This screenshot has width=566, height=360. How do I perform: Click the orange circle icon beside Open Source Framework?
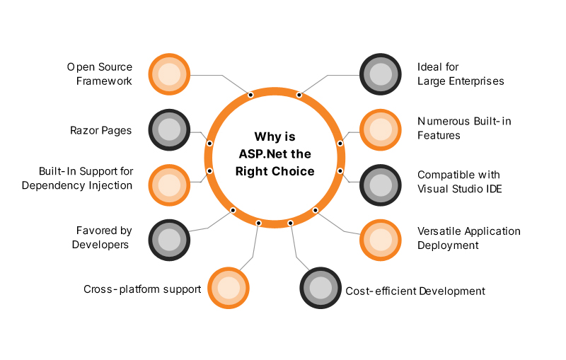pyautogui.click(x=169, y=74)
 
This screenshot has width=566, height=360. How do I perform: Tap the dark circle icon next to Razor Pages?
pyautogui.click(x=169, y=129)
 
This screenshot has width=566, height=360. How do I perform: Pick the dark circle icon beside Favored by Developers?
pyautogui.click(x=169, y=239)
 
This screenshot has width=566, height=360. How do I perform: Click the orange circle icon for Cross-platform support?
pyautogui.click(x=229, y=288)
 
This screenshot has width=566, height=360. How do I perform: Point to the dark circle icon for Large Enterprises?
pyautogui.click(x=381, y=74)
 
